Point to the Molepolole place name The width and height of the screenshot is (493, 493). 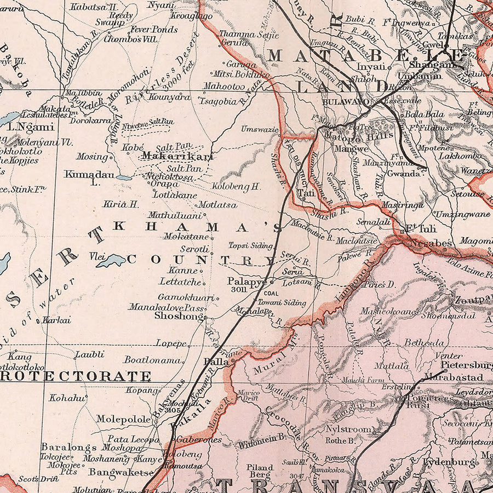tap(123, 419)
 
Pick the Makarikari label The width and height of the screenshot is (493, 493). tap(169, 156)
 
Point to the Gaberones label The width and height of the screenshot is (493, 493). tap(199, 439)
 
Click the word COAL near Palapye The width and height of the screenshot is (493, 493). tap(271, 294)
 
